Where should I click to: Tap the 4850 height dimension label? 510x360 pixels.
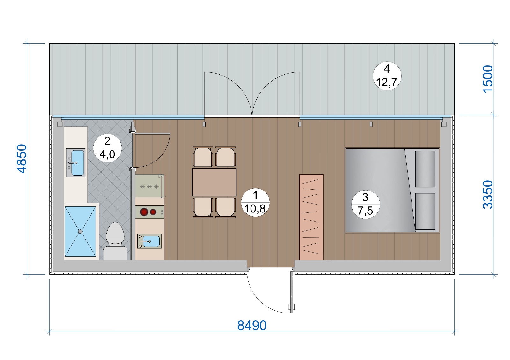coord(22,159)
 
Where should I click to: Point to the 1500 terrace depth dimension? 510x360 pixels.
coord(488,79)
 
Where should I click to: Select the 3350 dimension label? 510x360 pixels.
coord(488,194)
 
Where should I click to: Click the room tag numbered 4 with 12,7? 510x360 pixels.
coord(387,76)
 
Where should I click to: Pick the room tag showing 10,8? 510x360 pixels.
coord(255,202)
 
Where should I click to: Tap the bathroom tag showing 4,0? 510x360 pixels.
coord(107,148)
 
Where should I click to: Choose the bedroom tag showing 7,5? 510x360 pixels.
coord(365,204)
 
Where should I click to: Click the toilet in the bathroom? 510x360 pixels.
coord(115,241)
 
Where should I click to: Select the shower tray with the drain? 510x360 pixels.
coord(80,231)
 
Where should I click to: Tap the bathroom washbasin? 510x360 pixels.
coord(76,163)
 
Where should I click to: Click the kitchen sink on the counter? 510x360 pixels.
coord(149,241)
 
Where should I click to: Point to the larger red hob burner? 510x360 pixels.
coord(144,212)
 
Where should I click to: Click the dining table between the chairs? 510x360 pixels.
coord(214,182)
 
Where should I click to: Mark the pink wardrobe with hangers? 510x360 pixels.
coord(311,217)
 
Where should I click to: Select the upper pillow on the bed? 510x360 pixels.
coord(425,169)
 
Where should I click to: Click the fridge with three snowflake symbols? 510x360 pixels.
coord(149,186)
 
